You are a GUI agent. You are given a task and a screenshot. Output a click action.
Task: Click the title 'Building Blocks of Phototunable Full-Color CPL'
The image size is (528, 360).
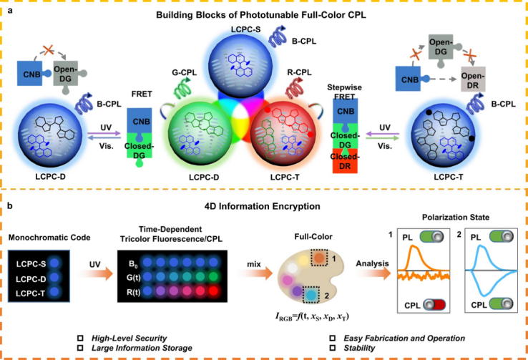(x=260, y=15)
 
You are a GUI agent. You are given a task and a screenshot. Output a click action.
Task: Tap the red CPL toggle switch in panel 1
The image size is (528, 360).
(x=434, y=304)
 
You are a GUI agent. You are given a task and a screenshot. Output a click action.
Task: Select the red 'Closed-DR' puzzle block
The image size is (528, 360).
(x=345, y=162)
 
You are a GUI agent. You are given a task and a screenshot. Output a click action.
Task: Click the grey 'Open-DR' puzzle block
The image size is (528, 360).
(x=473, y=79)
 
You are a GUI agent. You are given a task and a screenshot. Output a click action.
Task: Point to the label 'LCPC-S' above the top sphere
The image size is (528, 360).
(x=245, y=29)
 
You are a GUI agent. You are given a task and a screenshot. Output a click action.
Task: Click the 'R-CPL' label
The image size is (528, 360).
(x=299, y=72)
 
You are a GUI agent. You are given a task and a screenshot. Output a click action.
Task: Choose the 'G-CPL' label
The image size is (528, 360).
(x=184, y=72)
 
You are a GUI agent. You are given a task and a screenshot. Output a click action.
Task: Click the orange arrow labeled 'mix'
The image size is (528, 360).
(x=256, y=273)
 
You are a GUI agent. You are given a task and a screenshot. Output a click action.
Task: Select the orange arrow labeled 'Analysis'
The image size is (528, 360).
(x=373, y=273)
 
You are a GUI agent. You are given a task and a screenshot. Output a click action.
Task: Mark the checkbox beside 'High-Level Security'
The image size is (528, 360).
(x=80, y=338)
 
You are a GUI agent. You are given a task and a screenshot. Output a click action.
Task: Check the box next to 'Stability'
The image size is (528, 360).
(x=333, y=348)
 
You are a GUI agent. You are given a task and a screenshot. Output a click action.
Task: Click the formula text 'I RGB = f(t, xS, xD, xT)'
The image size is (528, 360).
(x=312, y=316)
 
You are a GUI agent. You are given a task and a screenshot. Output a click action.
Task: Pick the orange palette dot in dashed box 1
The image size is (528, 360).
(x=319, y=258)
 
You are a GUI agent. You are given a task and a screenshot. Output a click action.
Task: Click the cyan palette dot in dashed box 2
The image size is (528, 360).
(x=311, y=295)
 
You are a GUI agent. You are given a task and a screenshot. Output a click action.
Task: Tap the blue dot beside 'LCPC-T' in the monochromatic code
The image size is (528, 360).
(x=54, y=292)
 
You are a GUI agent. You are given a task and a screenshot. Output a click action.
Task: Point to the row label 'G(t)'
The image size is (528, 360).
(x=133, y=278)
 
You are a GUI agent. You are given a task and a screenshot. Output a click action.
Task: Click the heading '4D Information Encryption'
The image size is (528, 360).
(x=263, y=206)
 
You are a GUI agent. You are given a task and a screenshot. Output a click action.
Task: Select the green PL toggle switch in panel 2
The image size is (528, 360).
(x=501, y=236)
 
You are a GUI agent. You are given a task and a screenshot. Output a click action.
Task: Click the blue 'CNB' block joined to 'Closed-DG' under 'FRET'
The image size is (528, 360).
(x=139, y=122)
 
